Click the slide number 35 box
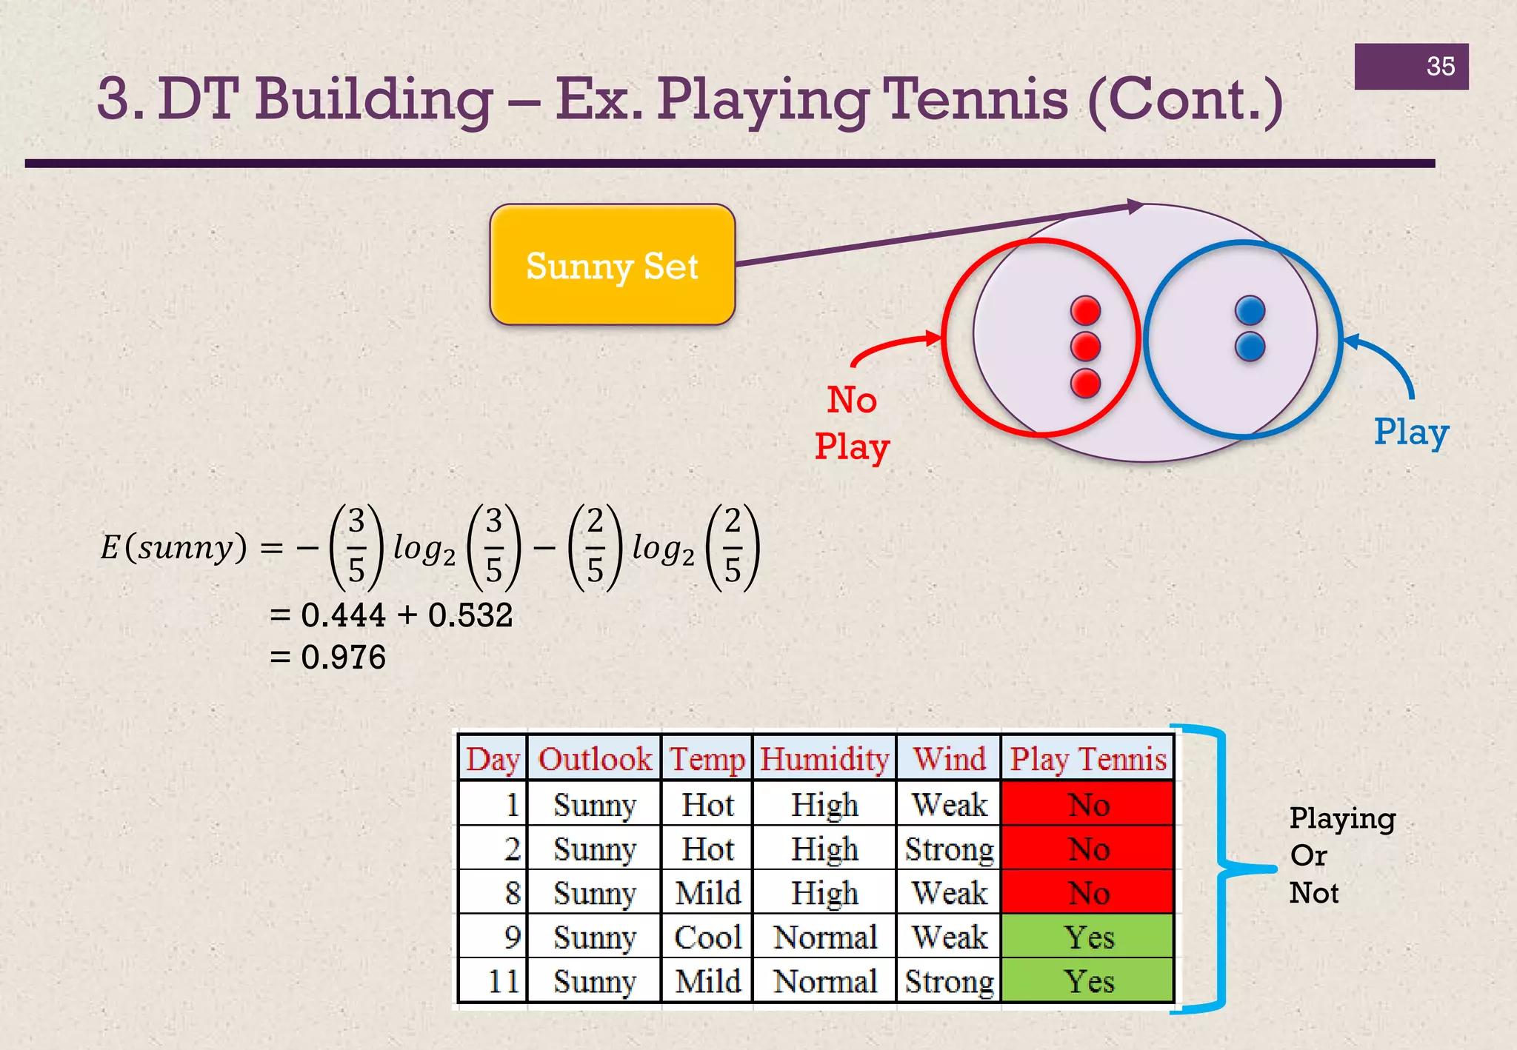click(x=1411, y=67)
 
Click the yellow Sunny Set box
click(x=612, y=265)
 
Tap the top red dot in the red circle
click(x=1085, y=310)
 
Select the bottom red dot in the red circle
click(x=1085, y=383)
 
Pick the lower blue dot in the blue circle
click(x=1250, y=346)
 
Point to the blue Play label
click(x=1411, y=432)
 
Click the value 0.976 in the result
click(x=343, y=658)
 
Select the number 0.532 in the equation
click(x=470, y=615)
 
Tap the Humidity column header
click(x=824, y=759)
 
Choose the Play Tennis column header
click(x=1087, y=759)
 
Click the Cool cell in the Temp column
click(x=707, y=937)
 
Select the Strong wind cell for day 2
click(x=949, y=849)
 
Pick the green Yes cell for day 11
click(x=1087, y=982)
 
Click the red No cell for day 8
click(x=1087, y=893)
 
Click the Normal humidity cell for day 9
click(x=824, y=937)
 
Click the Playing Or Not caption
click(x=1341, y=855)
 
